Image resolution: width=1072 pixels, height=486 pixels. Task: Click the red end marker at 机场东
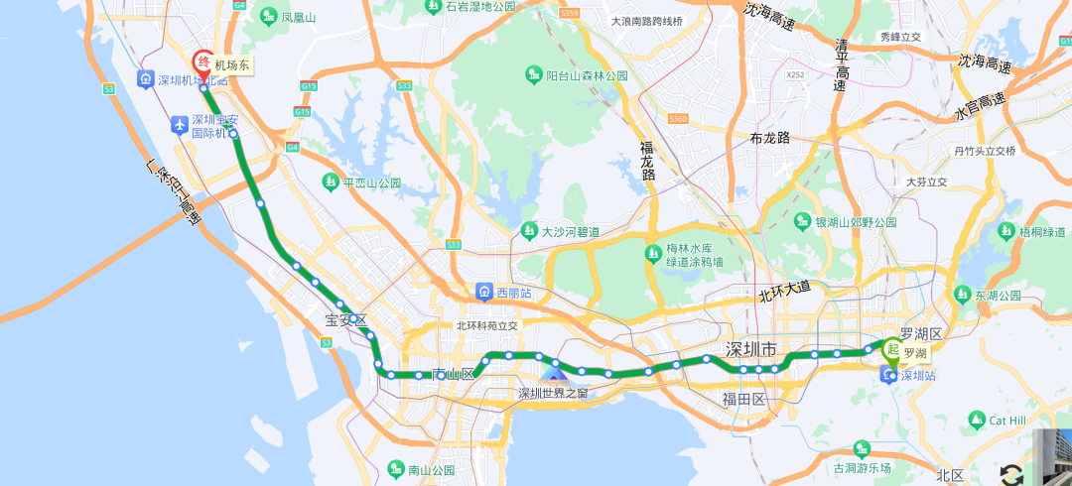pos(201,62)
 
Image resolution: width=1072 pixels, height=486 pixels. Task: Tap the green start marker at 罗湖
pos(892,349)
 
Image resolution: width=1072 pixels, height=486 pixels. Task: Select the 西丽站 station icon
pos(483,292)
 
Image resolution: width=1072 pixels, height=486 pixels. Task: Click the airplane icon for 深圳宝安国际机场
pos(179,125)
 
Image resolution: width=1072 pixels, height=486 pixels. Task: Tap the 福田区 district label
pos(744,400)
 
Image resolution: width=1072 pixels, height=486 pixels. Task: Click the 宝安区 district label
pos(346,320)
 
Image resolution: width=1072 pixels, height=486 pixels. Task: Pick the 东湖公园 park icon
pos(962,295)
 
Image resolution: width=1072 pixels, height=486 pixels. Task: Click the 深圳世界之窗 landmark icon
pos(554,373)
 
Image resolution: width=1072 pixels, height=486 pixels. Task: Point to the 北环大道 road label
pos(784,291)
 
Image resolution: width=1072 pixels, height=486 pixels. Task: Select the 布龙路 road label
pos(769,138)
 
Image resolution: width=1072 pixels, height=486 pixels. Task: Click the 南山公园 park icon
pos(395,469)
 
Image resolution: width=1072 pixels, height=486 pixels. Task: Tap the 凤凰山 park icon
pos(269,17)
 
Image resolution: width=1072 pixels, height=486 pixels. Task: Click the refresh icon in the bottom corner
pos(1011,474)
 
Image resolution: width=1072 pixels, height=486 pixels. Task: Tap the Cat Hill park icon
pos(978,421)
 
